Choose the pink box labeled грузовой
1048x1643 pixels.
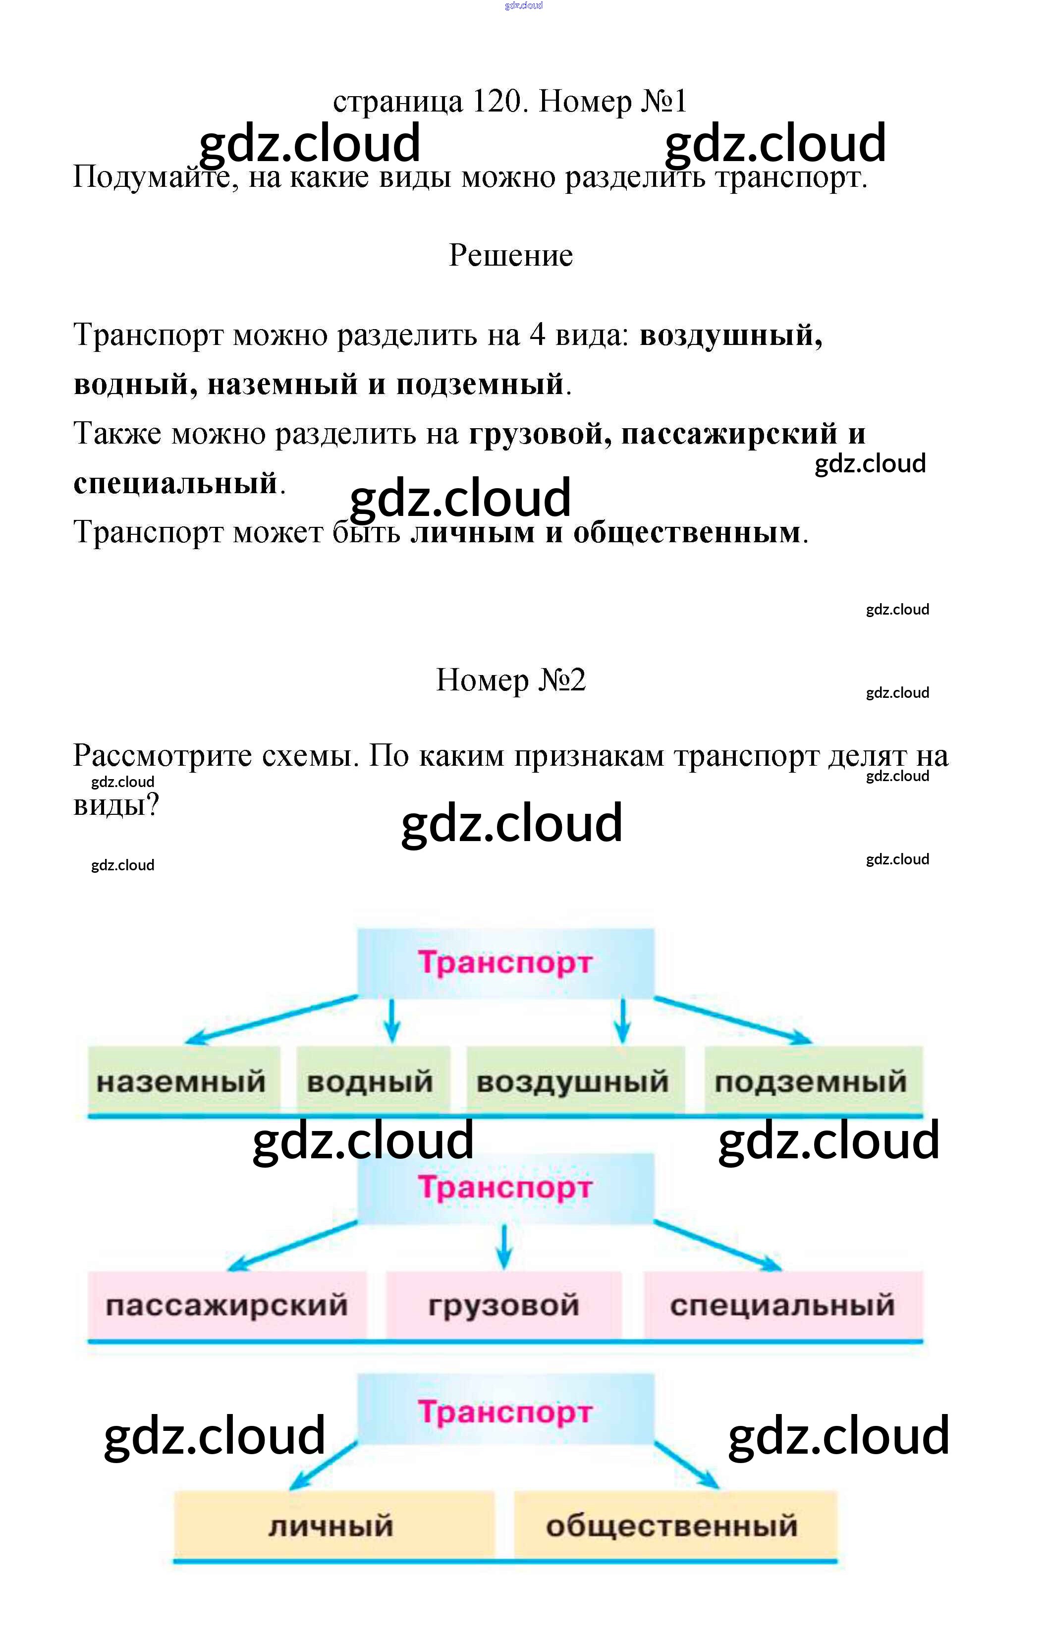point(503,1304)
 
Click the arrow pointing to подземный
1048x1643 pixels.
point(733,1020)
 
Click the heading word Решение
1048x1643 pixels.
point(511,255)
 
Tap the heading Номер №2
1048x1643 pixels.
point(511,680)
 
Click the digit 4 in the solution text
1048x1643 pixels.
point(538,335)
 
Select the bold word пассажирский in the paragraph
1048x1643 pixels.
point(729,433)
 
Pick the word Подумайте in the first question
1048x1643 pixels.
point(156,177)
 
